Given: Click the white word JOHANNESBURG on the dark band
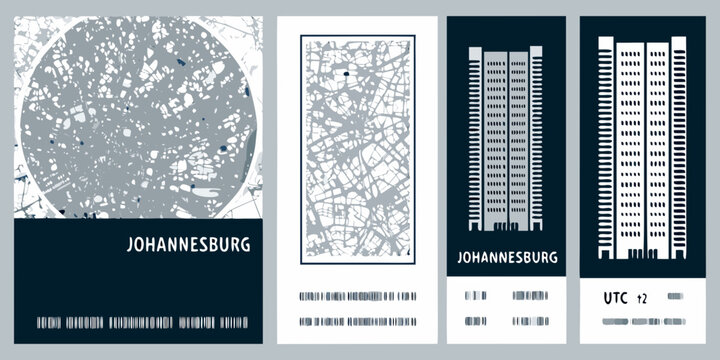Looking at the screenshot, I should pyautogui.click(x=191, y=244).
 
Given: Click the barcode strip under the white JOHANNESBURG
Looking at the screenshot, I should pyautogui.click(x=141, y=322).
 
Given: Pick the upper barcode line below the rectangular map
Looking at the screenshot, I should pyautogui.click(x=358, y=296).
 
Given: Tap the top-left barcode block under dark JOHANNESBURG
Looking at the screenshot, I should pyautogui.click(x=474, y=296).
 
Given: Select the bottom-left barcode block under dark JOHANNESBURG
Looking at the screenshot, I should pyautogui.click(x=474, y=321).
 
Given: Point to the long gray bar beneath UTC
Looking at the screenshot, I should pyautogui.click(x=641, y=321).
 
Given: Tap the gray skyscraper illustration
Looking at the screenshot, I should pyautogui.click(x=505, y=140).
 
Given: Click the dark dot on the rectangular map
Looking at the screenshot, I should pyautogui.click(x=342, y=74).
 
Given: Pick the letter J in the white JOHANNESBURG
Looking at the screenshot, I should pyautogui.click(x=134, y=244).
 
